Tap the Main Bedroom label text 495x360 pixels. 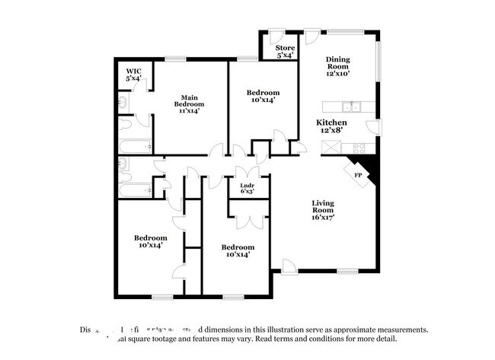189,103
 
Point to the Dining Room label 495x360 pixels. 338,63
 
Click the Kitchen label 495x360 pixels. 332,123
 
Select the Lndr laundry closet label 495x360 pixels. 247,188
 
